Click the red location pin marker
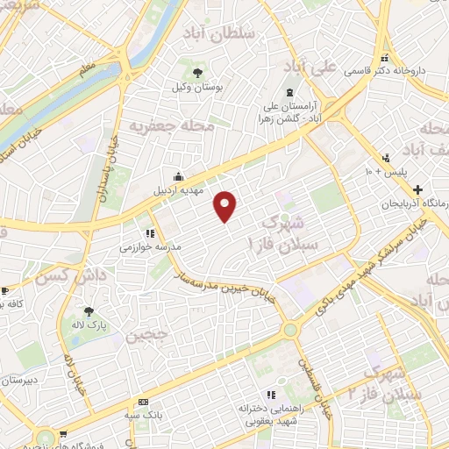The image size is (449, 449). point(226,206)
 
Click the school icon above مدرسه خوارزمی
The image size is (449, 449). point(150,233)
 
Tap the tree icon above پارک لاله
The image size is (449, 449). point(88,310)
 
